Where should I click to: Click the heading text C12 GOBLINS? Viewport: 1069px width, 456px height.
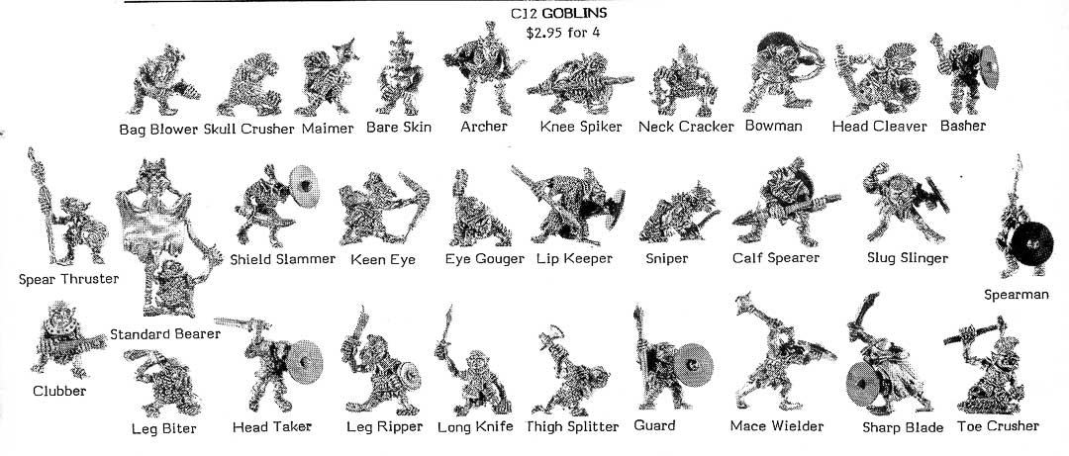(558, 13)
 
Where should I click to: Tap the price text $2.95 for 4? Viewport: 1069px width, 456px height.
(562, 32)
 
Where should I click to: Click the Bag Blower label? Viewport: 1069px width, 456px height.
(158, 129)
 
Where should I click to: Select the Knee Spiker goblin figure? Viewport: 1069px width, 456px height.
(580, 84)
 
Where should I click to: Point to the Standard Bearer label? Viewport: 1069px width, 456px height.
(165, 334)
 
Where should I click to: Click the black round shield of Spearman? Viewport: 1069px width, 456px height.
(1031, 243)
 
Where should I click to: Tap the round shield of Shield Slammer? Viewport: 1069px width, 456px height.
(305, 184)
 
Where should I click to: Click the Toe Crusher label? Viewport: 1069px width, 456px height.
(998, 426)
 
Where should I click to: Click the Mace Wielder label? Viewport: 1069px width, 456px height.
(777, 426)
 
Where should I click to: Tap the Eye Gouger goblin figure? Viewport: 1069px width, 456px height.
(479, 210)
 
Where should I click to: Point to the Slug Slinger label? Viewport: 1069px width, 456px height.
(908, 257)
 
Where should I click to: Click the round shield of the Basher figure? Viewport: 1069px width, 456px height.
(987, 66)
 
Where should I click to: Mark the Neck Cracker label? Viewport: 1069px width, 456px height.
(686, 127)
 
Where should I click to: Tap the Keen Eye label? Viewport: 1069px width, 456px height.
(382, 260)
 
